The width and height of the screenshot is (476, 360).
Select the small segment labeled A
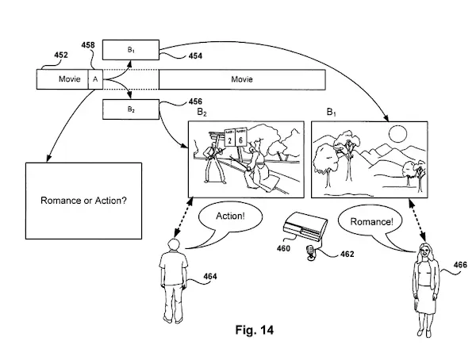(95, 79)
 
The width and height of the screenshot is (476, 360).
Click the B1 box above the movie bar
(131, 48)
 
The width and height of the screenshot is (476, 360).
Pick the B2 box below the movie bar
(131, 109)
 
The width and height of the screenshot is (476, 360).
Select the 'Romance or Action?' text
(83, 200)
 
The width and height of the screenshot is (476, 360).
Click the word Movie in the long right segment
(242, 79)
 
